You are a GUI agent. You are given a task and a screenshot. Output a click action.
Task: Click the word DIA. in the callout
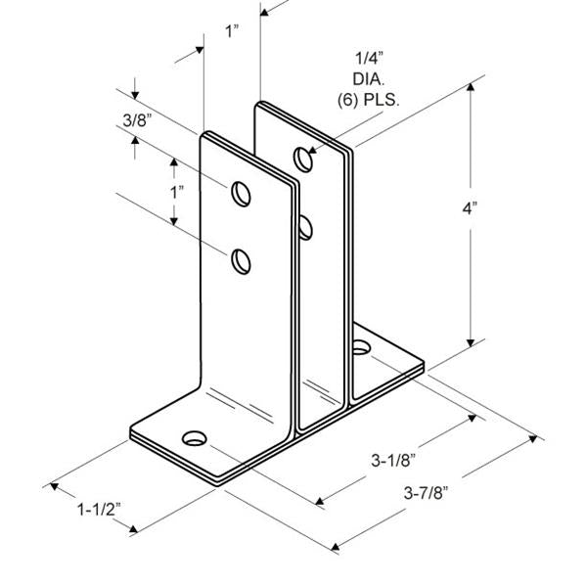369,77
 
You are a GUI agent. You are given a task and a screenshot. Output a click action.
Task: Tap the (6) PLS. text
369,98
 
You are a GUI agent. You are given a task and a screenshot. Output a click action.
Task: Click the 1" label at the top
232,31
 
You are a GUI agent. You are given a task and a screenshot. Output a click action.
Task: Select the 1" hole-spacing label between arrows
176,191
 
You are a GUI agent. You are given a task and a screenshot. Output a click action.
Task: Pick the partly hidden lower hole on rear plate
305,228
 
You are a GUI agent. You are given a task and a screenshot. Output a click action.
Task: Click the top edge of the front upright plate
248,155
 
